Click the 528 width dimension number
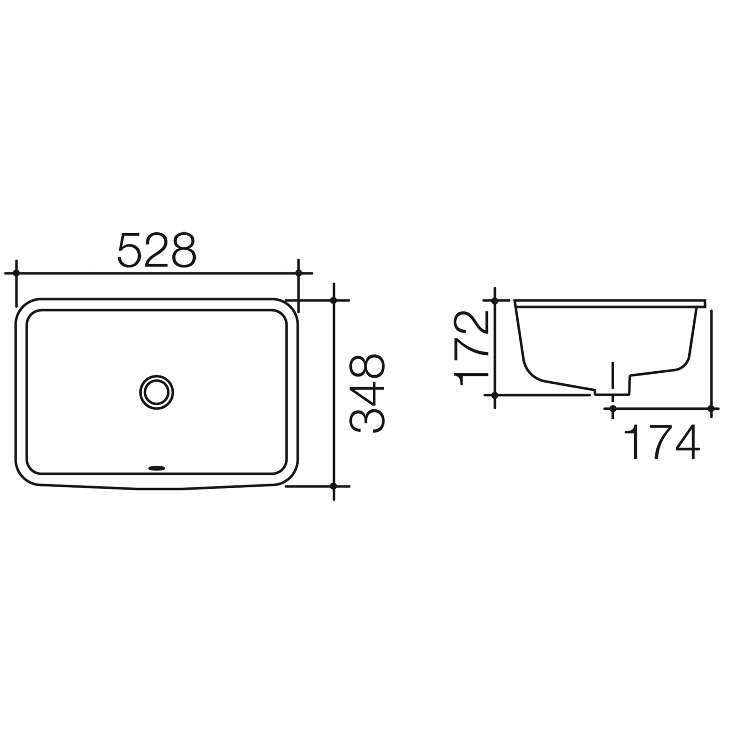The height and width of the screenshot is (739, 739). pyautogui.click(x=157, y=250)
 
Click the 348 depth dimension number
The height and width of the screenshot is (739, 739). pyautogui.click(x=368, y=393)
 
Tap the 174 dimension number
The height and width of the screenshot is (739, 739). pyautogui.click(x=662, y=443)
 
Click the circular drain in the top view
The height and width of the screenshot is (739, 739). pyautogui.click(x=157, y=392)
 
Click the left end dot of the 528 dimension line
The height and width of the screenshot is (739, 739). pyautogui.click(x=16, y=273)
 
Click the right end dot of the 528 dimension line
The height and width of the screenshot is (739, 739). pyautogui.click(x=298, y=273)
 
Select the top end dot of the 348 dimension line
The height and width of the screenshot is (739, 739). pyautogui.click(x=334, y=300)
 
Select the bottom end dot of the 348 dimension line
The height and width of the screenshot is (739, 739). pyautogui.click(x=334, y=486)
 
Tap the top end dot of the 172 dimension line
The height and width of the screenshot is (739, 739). pyautogui.click(x=495, y=301)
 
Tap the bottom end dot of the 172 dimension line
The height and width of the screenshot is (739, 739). pyautogui.click(x=495, y=395)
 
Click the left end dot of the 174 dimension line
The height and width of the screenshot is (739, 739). pyautogui.click(x=613, y=408)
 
